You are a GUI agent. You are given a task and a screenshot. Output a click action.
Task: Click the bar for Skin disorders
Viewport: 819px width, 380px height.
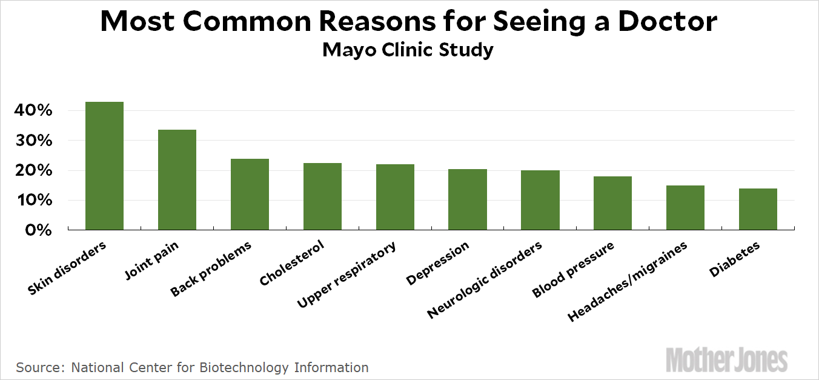(x=104, y=165)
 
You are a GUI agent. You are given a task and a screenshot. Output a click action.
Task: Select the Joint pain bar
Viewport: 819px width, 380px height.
(x=177, y=179)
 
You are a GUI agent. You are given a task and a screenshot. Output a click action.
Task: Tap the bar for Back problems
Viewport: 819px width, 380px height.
(x=250, y=194)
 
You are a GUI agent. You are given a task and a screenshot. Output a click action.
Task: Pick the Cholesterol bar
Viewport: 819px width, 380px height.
(x=322, y=196)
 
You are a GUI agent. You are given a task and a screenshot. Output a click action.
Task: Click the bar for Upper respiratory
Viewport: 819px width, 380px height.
(x=395, y=197)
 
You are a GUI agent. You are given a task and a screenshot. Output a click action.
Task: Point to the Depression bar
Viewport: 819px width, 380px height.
(x=468, y=199)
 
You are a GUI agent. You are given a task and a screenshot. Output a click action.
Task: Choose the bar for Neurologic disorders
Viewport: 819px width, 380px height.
(x=540, y=200)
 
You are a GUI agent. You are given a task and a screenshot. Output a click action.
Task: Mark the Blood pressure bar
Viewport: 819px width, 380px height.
(x=612, y=203)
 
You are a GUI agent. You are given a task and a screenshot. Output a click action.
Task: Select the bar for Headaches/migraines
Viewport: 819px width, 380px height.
(x=685, y=207)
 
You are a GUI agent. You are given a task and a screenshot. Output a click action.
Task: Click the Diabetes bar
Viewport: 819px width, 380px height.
(x=758, y=209)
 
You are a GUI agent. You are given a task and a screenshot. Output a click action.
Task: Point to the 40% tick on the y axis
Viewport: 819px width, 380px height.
(x=38, y=111)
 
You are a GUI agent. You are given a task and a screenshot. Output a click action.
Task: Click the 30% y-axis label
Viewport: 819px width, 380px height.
(x=38, y=141)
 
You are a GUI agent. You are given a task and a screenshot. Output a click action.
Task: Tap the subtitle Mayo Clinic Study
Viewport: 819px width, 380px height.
(x=408, y=50)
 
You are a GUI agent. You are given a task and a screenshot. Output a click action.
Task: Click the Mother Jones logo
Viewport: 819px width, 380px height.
(x=726, y=359)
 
